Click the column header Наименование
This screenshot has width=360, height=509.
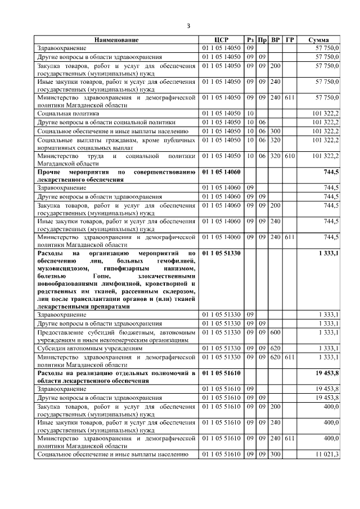pyautogui.click(x=116, y=40)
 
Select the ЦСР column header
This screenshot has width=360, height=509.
pyautogui.click(x=221, y=40)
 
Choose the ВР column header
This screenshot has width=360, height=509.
pyautogui.click(x=276, y=40)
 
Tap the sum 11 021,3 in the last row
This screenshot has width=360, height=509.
pyautogui.click(x=327, y=454)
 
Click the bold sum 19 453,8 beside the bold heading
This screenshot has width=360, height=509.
pyautogui.click(x=327, y=373)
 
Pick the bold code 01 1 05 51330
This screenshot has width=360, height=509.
pyautogui.click(x=221, y=254)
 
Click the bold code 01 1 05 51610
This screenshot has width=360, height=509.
pyautogui.click(x=221, y=373)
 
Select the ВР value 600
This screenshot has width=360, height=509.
pyautogui.click(x=276, y=332)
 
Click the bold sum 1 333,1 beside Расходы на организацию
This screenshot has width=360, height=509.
pyautogui.click(x=328, y=254)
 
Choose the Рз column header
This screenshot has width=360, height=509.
pyautogui.click(x=250, y=40)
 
